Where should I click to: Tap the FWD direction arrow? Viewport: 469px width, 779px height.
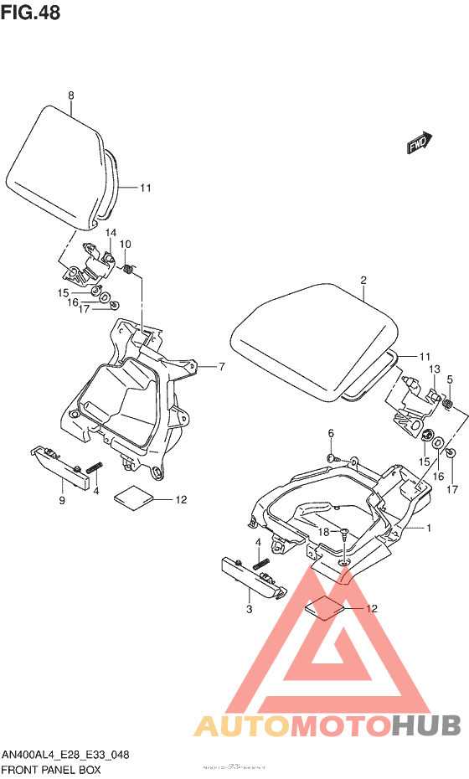coord(419,143)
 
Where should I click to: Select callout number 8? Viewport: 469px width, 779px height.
coord(71,95)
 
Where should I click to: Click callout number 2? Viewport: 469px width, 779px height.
coord(363,281)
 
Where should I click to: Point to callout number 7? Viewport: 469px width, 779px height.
coord(222,366)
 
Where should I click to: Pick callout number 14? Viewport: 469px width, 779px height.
coord(111,232)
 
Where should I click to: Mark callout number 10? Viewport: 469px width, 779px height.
coord(126,244)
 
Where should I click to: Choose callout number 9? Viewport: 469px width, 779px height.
coord(62,501)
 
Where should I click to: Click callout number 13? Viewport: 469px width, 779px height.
coord(435,369)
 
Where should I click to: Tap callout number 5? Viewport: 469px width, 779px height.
coord(450,379)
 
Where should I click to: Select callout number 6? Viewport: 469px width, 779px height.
coord(331,432)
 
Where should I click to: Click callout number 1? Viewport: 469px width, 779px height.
coord(429,529)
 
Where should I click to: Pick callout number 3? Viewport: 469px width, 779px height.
coord(249,609)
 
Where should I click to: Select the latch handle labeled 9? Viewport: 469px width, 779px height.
coord(60,468)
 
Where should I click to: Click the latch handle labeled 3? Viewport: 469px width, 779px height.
coord(252,578)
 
